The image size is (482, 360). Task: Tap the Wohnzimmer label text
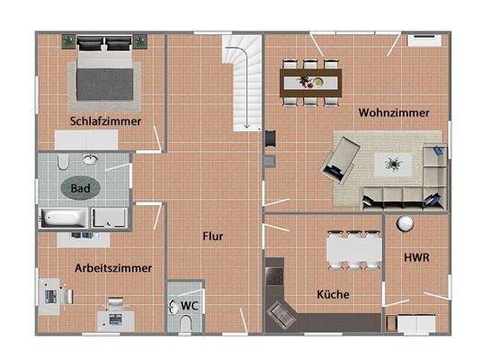tap(393, 113)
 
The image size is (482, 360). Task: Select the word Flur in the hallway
tap(212, 237)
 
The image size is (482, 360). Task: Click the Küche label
tap(333, 294)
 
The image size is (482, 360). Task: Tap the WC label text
tap(189, 306)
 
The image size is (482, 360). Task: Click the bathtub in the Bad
tap(64, 218)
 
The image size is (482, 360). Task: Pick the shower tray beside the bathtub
tap(111, 217)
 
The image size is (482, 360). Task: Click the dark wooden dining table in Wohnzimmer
tap(312, 83)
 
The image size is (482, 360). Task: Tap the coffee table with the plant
tap(393, 164)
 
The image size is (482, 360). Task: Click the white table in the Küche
tap(351, 247)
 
